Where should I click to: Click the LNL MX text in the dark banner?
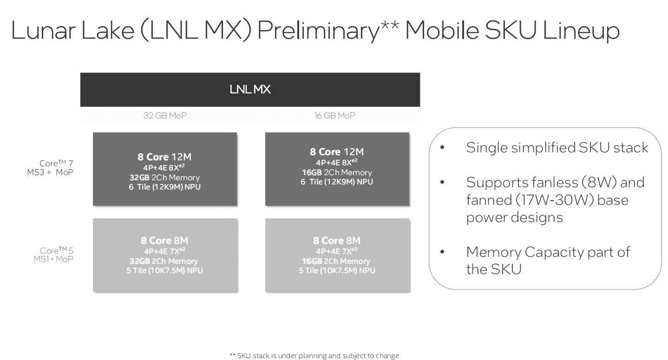[x=250, y=90]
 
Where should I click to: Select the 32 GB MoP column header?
[x=165, y=115]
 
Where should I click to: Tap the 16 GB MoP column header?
[x=334, y=115]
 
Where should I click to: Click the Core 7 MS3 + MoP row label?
[x=50, y=168]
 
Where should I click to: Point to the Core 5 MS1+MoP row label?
[x=53, y=255]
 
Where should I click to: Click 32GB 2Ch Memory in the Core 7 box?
[x=164, y=177]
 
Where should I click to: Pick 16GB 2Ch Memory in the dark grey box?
[x=337, y=172]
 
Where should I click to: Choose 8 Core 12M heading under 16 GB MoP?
[x=337, y=152]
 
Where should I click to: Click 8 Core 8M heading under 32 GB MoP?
[x=164, y=241]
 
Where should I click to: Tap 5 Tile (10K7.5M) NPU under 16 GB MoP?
[x=337, y=270]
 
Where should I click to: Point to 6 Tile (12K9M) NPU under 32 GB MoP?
[x=164, y=187]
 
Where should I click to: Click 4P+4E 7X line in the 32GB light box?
[x=164, y=251]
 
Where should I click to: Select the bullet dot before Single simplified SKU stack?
[x=442, y=147]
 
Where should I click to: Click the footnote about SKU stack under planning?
[x=314, y=355]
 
